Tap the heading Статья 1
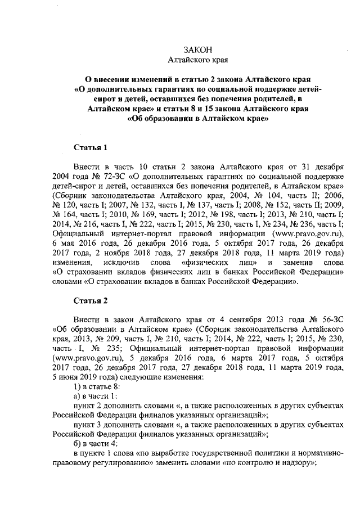91,148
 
